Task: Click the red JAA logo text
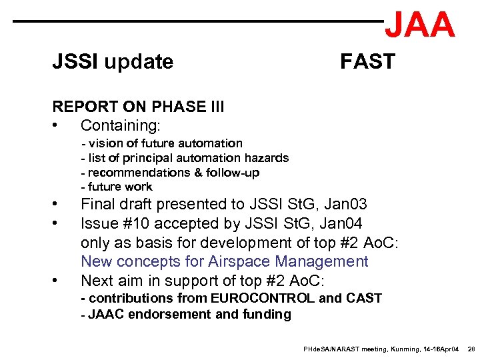click(420, 25)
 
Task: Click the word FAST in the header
click(367, 62)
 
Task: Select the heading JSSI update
click(113, 62)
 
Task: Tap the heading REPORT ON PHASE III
click(138, 107)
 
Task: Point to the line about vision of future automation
click(162, 143)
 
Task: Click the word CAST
click(363, 298)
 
